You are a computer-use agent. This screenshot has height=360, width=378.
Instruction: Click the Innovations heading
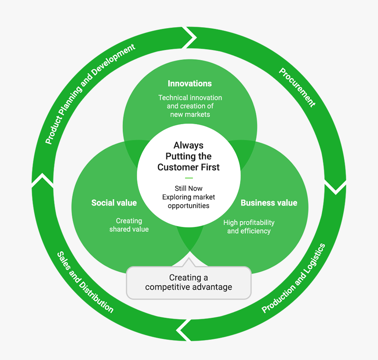pyautogui.click(x=189, y=83)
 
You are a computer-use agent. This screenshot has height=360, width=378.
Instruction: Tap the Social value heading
pyautogui.click(x=114, y=202)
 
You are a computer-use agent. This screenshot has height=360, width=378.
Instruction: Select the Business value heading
pyautogui.click(x=269, y=202)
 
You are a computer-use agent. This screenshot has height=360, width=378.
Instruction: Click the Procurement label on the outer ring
pyautogui.click(x=297, y=87)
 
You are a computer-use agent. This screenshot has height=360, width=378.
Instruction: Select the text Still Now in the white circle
pyautogui.click(x=189, y=188)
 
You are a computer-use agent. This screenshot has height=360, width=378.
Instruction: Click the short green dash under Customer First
pyautogui.click(x=189, y=178)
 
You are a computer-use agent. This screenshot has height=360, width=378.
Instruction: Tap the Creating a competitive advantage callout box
pyautogui.click(x=189, y=282)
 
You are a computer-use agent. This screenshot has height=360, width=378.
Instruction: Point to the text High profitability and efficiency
pyautogui.click(x=249, y=227)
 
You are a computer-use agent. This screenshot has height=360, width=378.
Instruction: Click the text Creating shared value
pyautogui.click(x=129, y=225)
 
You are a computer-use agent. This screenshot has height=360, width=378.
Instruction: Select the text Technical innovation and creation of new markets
pyautogui.click(x=190, y=106)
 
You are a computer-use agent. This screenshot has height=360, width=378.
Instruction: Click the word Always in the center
pyautogui.click(x=189, y=145)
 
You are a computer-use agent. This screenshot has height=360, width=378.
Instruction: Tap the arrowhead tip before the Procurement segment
pyautogui.click(x=195, y=38)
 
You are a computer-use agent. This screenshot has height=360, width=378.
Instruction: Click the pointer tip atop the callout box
pyautogui.click(x=189, y=259)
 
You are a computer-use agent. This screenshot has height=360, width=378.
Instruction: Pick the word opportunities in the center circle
pyautogui.click(x=189, y=205)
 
